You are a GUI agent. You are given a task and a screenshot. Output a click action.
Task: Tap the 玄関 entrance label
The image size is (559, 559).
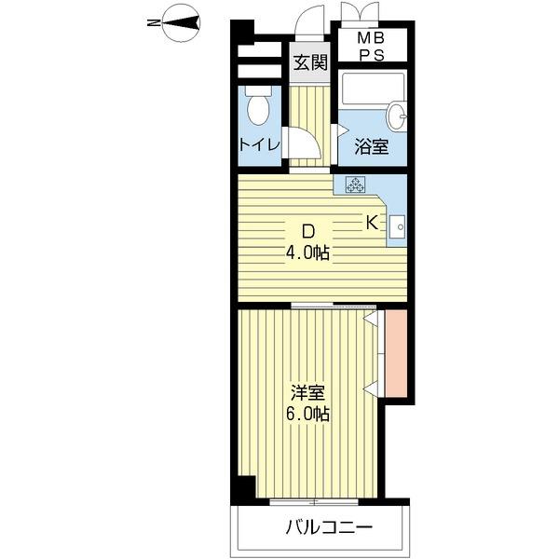click(x=310, y=63)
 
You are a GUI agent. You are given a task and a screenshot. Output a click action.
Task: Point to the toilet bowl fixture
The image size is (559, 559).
click(x=259, y=108)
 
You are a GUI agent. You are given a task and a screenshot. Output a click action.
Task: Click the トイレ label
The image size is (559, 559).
click(x=258, y=144)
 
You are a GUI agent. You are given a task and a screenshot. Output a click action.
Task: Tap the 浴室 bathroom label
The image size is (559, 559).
click(x=372, y=146)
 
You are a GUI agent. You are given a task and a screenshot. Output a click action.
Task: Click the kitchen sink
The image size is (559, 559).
click(x=397, y=225)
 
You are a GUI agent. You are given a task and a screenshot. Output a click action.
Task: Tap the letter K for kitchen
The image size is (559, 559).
click(x=370, y=223)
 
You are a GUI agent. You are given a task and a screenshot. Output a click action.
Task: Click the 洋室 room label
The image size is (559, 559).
click(x=308, y=392)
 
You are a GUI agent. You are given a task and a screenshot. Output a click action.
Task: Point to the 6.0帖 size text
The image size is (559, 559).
click(x=308, y=414)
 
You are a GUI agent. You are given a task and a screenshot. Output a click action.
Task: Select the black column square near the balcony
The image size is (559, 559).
click(x=243, y=487)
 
